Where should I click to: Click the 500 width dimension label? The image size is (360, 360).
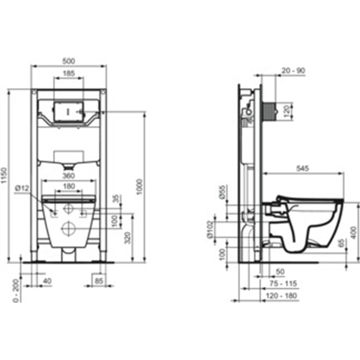68,61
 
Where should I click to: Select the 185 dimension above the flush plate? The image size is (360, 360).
68,73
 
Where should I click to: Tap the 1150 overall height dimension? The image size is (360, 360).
4,176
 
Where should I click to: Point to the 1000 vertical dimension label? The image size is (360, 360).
139,187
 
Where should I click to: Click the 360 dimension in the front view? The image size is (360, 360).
68,176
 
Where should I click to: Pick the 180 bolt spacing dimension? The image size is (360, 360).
69,186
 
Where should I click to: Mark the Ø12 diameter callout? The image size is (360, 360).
22,189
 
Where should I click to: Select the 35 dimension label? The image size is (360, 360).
117,199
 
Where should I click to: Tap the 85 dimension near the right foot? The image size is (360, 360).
99,281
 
